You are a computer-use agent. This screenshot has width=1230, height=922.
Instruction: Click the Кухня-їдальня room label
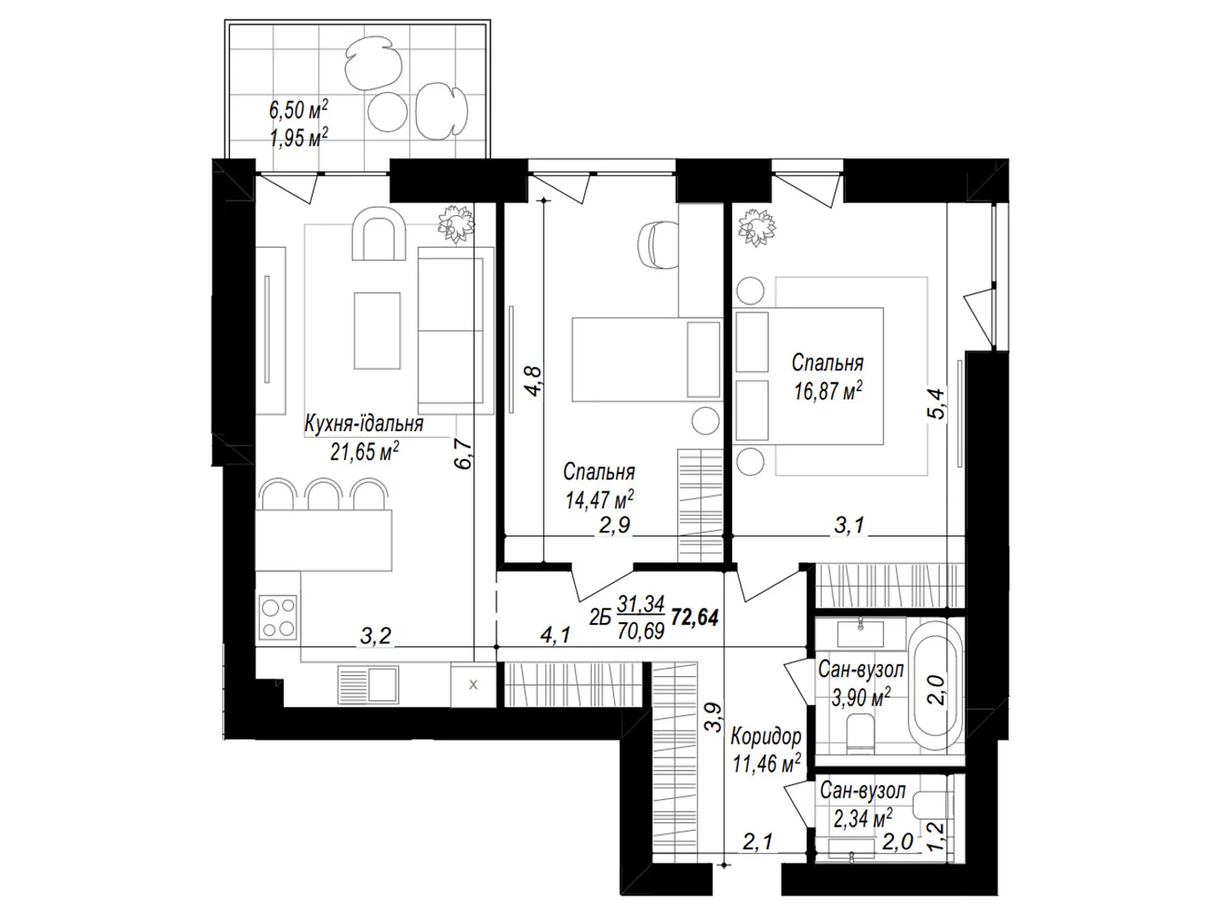coord(364,424)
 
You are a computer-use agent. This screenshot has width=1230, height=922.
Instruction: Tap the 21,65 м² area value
coord(364,451)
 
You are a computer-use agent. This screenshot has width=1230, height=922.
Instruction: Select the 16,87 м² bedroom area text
coord(828,391)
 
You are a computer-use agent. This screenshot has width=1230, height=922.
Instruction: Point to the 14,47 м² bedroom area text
coord(600,499)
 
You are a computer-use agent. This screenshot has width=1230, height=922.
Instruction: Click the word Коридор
coord(766,737)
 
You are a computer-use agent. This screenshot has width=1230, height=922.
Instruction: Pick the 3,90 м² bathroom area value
coord(861,698)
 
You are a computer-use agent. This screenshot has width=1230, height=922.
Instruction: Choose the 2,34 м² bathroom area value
coord(863,819)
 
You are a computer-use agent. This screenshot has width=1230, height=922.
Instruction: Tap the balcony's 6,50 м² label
coord(298,110)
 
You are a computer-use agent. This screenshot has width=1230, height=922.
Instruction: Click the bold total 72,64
coord(695,618)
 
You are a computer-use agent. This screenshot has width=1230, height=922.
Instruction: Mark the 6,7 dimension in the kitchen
coord(465,453)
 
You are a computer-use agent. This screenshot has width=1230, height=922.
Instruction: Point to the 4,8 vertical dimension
coord(534,381)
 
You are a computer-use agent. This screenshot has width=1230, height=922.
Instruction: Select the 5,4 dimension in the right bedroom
coord(936,403)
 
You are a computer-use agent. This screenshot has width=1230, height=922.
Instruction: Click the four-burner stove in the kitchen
coord(278,618)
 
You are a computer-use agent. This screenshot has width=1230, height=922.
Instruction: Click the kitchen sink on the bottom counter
coord(368,685)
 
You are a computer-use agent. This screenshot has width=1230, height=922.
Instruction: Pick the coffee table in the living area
coord(377,331)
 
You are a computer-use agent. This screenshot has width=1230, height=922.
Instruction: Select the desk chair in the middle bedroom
coord(659,245)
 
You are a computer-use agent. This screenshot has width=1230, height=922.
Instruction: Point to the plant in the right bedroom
coord(758,227)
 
